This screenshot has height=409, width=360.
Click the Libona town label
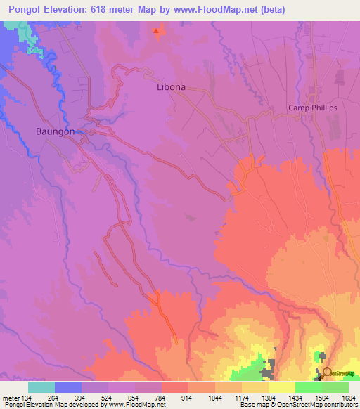click(x=171, y=87)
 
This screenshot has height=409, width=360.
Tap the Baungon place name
click(x=55, y=131)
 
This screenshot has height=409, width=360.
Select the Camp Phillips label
click(x=313, y=108)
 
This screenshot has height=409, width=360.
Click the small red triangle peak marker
click(x=156, y=31)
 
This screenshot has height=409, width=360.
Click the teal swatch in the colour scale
click(x=41, y=387)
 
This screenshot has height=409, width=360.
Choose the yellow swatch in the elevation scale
click(x=282, y=387)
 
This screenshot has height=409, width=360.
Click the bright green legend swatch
click(x=309, y=387)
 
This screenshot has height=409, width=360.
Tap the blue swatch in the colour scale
click(x=68, y=387)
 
